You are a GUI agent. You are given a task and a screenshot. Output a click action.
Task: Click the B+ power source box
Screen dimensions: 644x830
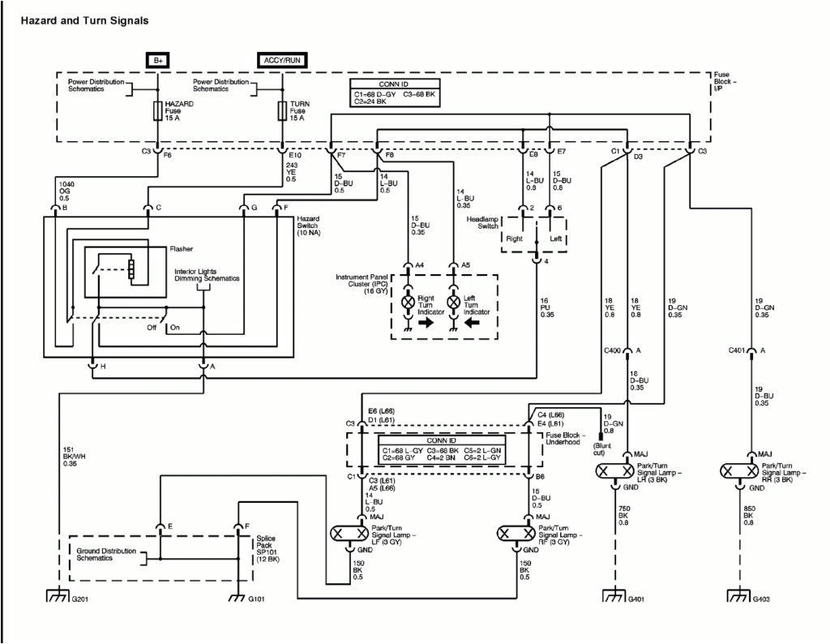[x=156, y=60]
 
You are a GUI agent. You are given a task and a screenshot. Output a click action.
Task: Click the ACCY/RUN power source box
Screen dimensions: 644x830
[x=282, y=60]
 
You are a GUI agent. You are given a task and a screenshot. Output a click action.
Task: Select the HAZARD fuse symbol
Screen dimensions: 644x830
[x=156, y=111]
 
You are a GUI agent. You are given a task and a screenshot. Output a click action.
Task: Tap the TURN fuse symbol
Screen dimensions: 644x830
[x=282, y=111]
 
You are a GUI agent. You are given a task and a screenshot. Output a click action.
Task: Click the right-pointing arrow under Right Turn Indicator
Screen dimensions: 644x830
[x=427, y=322]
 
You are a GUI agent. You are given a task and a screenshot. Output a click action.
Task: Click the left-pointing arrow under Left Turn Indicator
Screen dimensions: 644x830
[x=472, y=322]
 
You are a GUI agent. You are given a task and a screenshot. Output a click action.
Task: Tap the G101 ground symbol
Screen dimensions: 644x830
[x=237, y=598]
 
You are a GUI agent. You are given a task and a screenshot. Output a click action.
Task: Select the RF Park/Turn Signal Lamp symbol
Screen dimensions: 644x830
[x=518, y=534]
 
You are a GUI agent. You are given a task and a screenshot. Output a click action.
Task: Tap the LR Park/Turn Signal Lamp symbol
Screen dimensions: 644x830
[x=627, y=471]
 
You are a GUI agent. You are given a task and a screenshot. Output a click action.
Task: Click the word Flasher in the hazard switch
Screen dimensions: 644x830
[x=182, y=249]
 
